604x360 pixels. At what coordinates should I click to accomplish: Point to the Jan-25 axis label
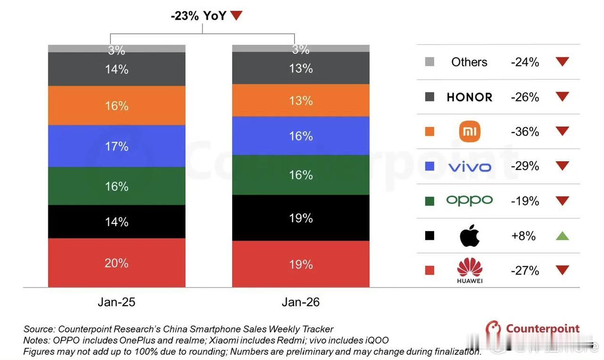[x=117, y=302]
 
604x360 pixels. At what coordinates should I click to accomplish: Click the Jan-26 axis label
[x=301, y=302]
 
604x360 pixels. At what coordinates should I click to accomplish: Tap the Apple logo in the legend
[x=470, y=235]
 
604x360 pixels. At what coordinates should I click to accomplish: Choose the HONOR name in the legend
[x=470, y=97]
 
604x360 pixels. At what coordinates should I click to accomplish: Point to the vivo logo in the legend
[x=470, y=167]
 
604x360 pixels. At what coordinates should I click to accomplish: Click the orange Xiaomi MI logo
[x=470, y=131]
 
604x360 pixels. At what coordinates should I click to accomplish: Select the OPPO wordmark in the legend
[x=470, y=201]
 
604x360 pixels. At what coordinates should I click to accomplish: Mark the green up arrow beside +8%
[x=562, y=235]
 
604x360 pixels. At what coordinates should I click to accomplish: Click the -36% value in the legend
[x=525, y=132]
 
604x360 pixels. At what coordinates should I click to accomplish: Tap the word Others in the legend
[x=469, y=62]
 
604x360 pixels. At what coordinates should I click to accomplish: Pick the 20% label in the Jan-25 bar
[x=117, y=263]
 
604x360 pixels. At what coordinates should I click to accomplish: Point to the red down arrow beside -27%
[x=562, y=270]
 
